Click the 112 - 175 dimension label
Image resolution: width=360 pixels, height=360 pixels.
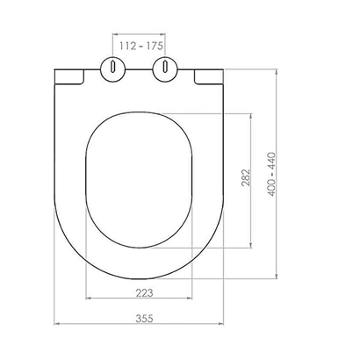[x=140, y=46]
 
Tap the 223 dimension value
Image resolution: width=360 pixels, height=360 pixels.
[x=144, y=292]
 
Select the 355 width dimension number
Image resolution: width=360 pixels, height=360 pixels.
[x=144, y=318]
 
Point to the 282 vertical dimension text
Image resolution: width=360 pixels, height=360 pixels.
[x=246, y=177]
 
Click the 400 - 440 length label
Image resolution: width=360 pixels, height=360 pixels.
[x=272, y=174]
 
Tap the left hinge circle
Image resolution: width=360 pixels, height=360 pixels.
[x=113, y=69]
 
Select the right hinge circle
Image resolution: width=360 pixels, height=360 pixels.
[x=165, y=69]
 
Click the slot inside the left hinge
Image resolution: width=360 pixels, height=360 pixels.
[x=112, y=66]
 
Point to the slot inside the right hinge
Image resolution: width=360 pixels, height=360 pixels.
[x=165, y=66]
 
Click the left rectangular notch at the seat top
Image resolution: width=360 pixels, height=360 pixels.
[x=69, y=77]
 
